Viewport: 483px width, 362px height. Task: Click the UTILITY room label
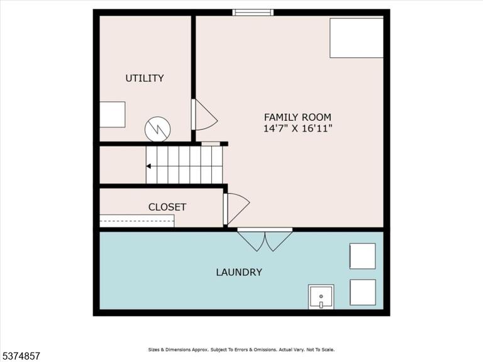click(x=145, y=78)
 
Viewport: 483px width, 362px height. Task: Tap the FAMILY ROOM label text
click(x=297, y=118)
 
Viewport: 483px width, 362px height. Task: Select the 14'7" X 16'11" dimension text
click(x=297, y=128)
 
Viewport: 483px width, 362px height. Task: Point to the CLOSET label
click(x=167, y=207)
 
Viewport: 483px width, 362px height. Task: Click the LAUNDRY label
click(x=239, y=272)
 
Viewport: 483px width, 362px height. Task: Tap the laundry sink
click(x=321, y=297)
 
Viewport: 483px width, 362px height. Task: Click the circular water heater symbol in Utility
click(x=158, y=129)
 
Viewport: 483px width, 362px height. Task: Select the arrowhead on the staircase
click(x=148, y=166)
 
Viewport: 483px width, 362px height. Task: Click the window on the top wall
click(x=253, y=13)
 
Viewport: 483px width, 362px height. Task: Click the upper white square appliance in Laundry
click(x=362, y=256)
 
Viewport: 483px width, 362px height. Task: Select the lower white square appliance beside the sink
click(x=363, y=292)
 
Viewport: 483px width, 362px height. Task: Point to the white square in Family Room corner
click(x=357, y=38)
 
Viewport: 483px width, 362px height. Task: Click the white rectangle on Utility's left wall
click(x=113, y=114)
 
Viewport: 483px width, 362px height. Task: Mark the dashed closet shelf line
click(x=136, y=221)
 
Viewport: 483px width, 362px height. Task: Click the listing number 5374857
click(x=20, y=356)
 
